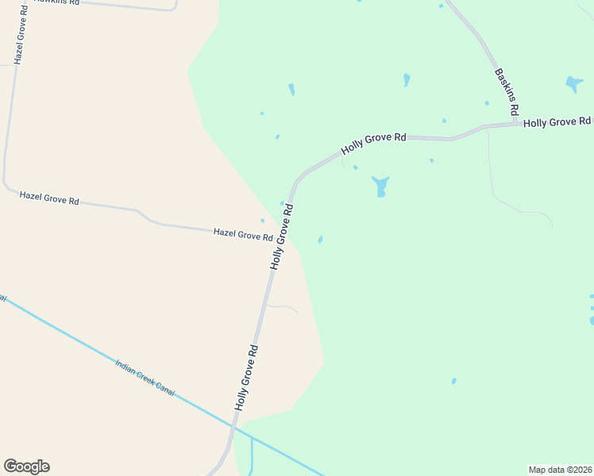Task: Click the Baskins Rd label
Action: (507, 89)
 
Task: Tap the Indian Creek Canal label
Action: (145, 377)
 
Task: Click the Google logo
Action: (26, 466)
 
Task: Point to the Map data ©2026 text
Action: (560, 470)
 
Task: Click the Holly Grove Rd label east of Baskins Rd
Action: (557, 121)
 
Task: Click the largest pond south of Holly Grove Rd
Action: (380, 186)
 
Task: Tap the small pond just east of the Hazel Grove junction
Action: (320, 240)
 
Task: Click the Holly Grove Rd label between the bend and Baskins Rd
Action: (373, 143)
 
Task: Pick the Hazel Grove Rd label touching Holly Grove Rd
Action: (243, 235)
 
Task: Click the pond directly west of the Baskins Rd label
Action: (407, 79)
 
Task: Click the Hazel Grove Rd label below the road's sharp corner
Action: (49, 198)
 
